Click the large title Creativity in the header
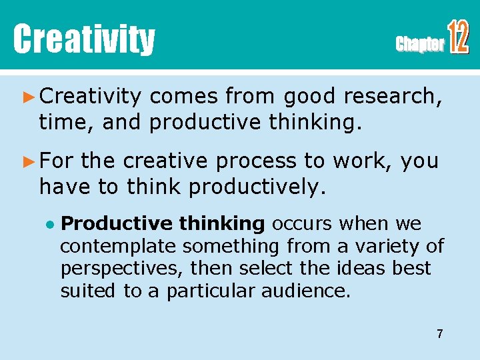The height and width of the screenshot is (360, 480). (x=84, y=39)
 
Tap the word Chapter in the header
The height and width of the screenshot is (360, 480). (x=419, y=45)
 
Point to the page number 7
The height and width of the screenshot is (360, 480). (x=439, y=333)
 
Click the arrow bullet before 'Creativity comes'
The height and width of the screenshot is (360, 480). (x=27, y=97)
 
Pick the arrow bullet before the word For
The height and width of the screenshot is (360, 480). (x=27, y=161)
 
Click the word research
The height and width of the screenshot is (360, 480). (x=392, y=97)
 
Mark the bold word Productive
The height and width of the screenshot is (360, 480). (x=107, y=223)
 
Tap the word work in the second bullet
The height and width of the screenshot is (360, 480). (x=362, y=161)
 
